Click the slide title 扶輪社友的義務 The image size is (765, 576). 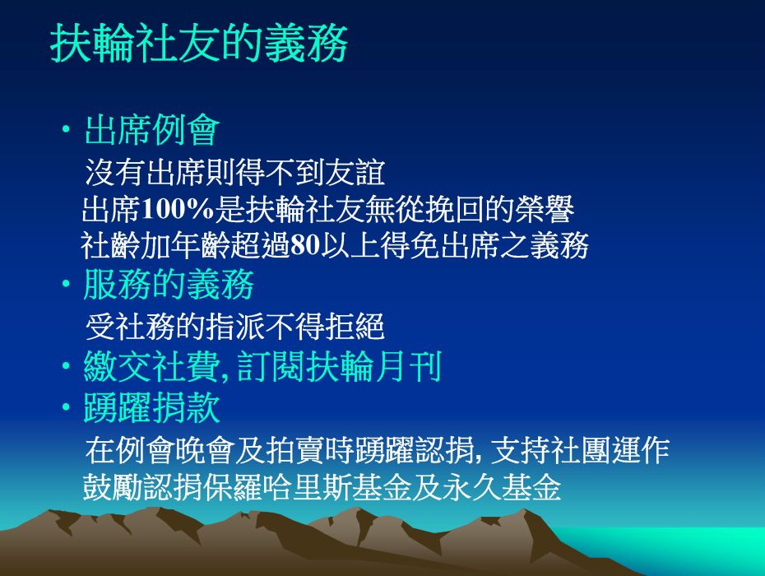[199, 43]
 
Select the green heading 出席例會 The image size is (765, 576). [151, 130]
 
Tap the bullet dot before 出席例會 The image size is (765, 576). [66, 130]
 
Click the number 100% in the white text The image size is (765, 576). [178, 209]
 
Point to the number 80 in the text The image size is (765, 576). [305, 245]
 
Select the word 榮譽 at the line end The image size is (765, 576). [545, 209]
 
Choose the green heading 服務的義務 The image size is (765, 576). [169, 284]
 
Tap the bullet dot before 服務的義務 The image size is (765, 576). [66, 284]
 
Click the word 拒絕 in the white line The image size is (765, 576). [355, 327]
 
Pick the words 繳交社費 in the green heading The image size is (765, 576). [151, 367]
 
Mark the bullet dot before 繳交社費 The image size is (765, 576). [66, 366]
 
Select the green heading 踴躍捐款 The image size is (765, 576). [151, 407]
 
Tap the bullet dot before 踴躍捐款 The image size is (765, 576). [66, 407]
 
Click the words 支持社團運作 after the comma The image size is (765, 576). [580, 451]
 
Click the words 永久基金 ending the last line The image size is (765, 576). [502, 487]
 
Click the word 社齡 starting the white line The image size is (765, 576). [110, 245]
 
